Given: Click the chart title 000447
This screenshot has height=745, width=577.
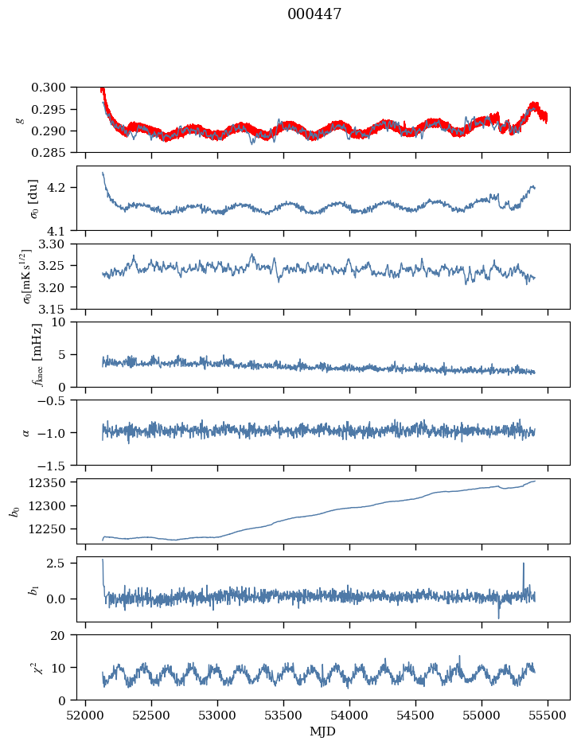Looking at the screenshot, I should pyautogui.click(x=314, y=14).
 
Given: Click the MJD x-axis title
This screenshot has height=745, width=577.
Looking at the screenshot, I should pyautogui.click(x=322, y=731).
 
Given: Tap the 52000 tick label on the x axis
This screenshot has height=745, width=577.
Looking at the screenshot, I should pyautogui.click(x=86, y=715).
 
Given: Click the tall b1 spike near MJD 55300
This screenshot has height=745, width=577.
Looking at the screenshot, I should pyautogui.click(x=523, y=564).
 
